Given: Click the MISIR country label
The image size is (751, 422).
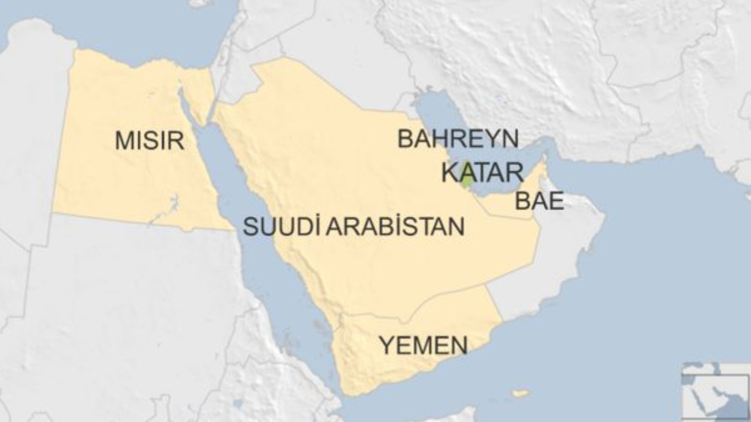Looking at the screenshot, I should [x=150, y=140].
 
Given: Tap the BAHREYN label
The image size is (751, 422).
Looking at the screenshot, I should [x=458, y=139].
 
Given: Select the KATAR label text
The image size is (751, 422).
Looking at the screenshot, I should [x=482, y=173].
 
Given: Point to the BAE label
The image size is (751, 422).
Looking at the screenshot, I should [x=539, y=201].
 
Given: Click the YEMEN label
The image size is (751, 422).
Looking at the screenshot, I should [x=424, y=345].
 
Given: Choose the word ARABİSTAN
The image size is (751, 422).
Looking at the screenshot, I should [x=395, y=226].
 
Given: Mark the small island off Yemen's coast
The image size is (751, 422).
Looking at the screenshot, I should [x=519, y=393].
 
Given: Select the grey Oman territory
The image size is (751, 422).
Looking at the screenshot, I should [x=563, y=250].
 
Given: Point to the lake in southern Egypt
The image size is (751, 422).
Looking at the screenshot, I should [x=168, y=208].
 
